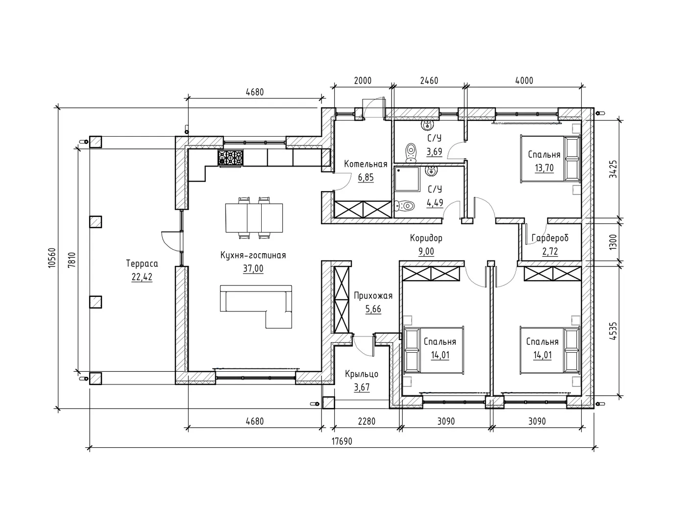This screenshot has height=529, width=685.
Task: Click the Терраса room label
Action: point(142,264)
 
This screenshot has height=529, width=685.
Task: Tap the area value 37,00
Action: point(253,269)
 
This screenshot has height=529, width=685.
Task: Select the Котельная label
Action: point(366,164)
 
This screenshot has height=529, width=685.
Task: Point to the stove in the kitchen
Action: point(230,158)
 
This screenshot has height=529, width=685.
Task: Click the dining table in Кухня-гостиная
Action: point(254,217)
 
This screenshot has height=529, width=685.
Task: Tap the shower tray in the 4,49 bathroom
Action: point(407,179)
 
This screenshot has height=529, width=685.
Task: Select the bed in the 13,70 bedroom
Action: point(550,159)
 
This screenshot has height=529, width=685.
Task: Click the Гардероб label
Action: point(550,238)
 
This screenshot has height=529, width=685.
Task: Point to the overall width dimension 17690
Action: point(342,441)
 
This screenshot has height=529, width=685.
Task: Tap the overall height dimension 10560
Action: point(52,258)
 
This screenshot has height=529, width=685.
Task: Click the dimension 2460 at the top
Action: point(429,81)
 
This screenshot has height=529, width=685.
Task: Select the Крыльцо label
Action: point(362,374)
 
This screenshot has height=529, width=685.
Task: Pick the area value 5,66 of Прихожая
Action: point(373,309)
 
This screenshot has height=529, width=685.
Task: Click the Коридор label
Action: point(426,238)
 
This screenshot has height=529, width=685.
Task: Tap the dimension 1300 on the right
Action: point(613,242)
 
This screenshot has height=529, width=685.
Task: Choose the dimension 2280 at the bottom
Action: point(367,421)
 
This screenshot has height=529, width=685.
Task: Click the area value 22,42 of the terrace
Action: point(142,277)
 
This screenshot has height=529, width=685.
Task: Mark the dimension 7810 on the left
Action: point(72,260)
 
